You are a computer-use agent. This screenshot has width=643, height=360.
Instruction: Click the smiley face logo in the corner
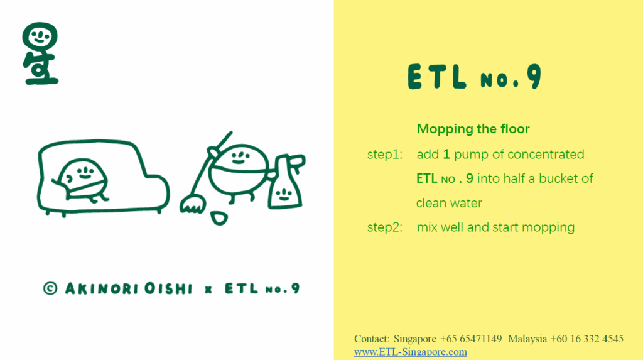click(x=40, y=53)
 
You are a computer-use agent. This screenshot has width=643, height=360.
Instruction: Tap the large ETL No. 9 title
click(x=475, y=77)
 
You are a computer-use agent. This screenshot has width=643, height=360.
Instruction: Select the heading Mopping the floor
click(x=473, y=129)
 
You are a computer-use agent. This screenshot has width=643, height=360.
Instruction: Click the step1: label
click(x=385, y=155)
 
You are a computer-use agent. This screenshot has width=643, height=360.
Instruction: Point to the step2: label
click(x=385, y=227)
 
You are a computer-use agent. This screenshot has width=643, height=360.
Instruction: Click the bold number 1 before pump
click(x=446, y=155)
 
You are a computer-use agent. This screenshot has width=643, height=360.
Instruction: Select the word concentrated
click(x=546, y=155)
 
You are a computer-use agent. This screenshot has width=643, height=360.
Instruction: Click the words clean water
click(x=449, y=203)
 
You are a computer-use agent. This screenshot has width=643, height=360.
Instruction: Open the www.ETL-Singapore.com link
click(x=411, y=352)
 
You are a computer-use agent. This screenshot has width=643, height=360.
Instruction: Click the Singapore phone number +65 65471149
click(x=471, y=339)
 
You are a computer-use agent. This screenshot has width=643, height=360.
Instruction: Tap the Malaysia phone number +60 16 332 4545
click(x=587, y=339)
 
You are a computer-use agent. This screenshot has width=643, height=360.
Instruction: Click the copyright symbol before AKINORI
click(x=50, y=288)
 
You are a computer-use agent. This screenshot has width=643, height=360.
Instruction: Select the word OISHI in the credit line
click(x=168, y=288)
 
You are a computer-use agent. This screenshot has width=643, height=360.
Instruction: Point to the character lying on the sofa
click(x=81, y=180)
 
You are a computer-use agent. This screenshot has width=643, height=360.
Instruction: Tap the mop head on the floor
click(x=193, y=204)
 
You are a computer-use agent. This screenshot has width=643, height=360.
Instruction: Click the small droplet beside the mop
click(x=219, y=218)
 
